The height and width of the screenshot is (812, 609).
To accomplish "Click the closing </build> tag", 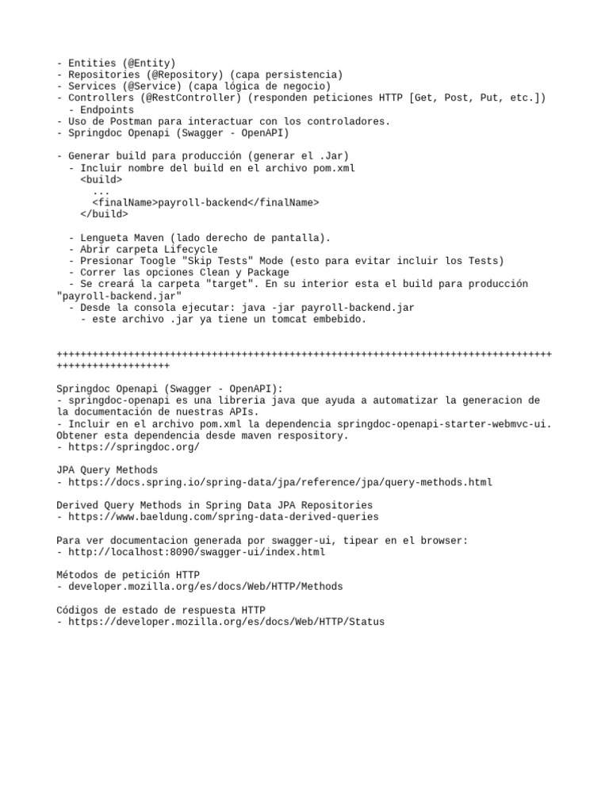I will (x=103, y=214).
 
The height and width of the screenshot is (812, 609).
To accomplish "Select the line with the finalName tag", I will (x=205, y=202).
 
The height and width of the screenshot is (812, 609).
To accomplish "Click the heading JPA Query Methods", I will (x=107, y=470).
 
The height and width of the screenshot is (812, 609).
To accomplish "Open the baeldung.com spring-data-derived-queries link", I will (x=223, y=517).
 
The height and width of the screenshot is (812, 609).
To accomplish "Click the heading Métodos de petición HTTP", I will (x=128, y=575).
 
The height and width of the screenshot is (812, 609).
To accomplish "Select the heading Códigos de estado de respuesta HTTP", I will (x=161, y=610).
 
